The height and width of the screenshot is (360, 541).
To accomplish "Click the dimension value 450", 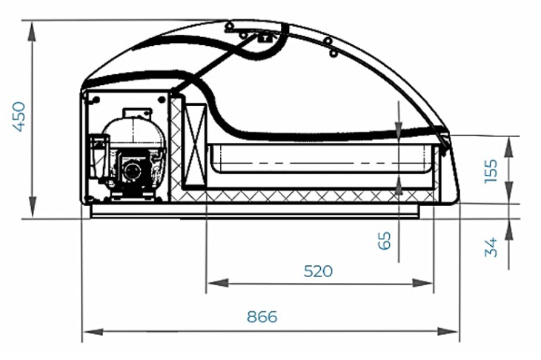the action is click(19, 116).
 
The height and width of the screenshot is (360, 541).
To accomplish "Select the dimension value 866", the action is click(262, 316).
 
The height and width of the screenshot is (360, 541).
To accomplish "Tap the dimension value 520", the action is click(318, 271).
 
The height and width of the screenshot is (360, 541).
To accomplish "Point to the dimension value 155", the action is click(491, 170).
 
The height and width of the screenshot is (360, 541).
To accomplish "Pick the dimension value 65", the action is click(385, 240).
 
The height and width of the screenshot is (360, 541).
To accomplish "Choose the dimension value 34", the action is click(491, 247).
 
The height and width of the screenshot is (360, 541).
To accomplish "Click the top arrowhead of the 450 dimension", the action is click(33, 32).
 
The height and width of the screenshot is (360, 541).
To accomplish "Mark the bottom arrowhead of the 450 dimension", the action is click(33, 206).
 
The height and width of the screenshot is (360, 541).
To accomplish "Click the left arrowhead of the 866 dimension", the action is click(93, 332).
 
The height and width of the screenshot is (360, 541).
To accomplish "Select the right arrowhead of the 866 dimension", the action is click(448, 332).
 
